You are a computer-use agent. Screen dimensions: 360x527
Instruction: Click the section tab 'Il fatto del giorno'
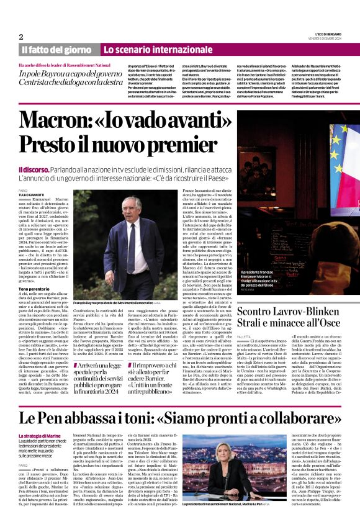point(56,49)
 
